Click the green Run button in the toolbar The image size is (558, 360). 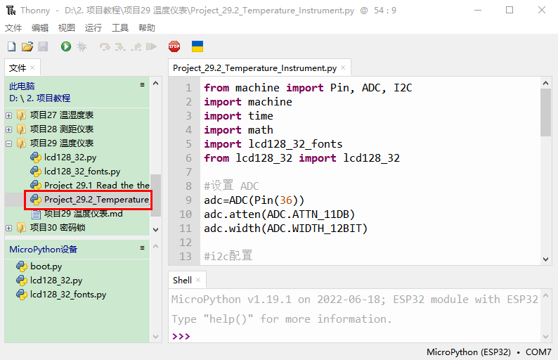click(66, 46)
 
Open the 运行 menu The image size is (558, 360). click(93, 28)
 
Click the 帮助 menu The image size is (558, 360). click(147, 28)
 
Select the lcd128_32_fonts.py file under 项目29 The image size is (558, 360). click(82, 172)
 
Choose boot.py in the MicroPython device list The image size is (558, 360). click(46, 266)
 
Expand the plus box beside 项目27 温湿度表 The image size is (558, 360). click(9, 115)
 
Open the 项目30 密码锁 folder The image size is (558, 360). click(58, 228)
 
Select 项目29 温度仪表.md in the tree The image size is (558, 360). click(83, 214)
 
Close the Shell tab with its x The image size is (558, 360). click(198, 281)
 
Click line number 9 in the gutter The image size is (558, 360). click(188, 200)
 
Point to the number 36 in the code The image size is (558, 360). click(286, 200)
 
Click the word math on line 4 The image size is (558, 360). click(261, 130)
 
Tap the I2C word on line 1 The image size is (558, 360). click(403, 88)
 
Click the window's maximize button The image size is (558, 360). click(510, 10)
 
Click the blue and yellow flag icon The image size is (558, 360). click(197, 46)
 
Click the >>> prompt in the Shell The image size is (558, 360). click(181, 336)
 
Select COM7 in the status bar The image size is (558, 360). click(538, 352)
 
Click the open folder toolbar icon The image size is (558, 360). click(27, 46)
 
